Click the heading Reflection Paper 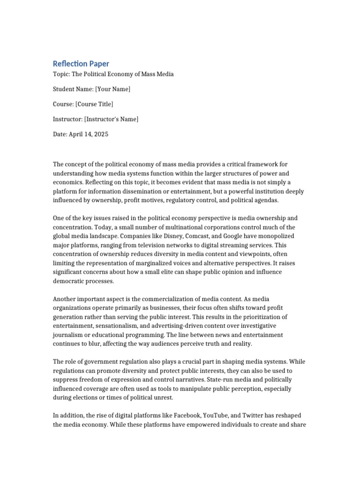click(x=81, y=63)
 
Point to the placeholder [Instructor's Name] click(x=111, y=119)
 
